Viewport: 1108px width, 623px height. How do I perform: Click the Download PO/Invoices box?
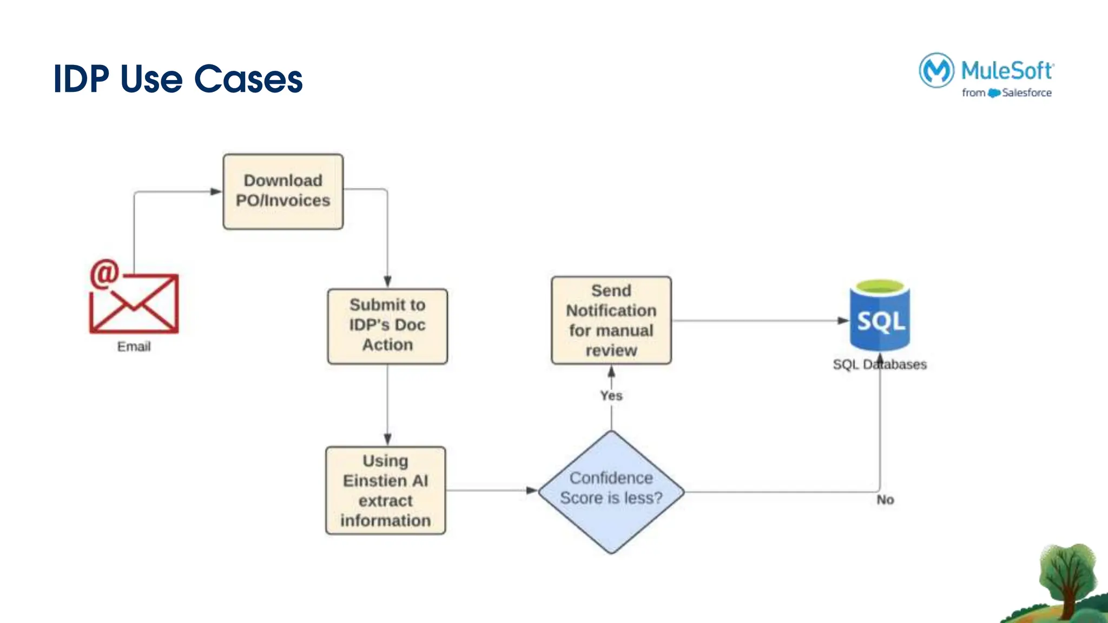(x=283, y=191)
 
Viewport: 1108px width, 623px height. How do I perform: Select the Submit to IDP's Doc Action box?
(x=387, y=326)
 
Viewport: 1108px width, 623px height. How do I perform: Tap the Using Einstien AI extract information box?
(x=385, y=491)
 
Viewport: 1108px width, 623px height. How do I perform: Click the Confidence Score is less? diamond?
(x=611, y=491)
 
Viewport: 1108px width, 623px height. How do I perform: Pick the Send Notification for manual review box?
(x=611, y=320)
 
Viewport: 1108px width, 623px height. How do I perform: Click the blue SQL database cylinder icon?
(x=880, y=316)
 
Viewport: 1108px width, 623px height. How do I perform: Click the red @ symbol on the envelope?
(x=104, y=274)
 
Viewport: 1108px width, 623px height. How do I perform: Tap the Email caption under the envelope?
(x=134, y=347)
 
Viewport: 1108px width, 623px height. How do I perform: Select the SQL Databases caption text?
(x=879, y=364)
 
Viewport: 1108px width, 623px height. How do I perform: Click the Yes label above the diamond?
(x=611, y=396)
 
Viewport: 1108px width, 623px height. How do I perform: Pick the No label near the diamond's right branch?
(x=885, y=500)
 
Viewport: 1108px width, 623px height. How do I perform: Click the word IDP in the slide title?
(x=81, y=79)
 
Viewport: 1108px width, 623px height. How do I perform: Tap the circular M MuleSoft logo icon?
(x=936, y=70)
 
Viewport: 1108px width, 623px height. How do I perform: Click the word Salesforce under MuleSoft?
(x=1026, y=93)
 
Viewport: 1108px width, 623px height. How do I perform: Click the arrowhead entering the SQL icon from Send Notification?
(x=843, y=321)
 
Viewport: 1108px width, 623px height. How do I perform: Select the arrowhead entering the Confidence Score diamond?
(x=531, y=491)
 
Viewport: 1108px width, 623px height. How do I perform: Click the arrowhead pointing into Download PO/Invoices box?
(x=216, y=191)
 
